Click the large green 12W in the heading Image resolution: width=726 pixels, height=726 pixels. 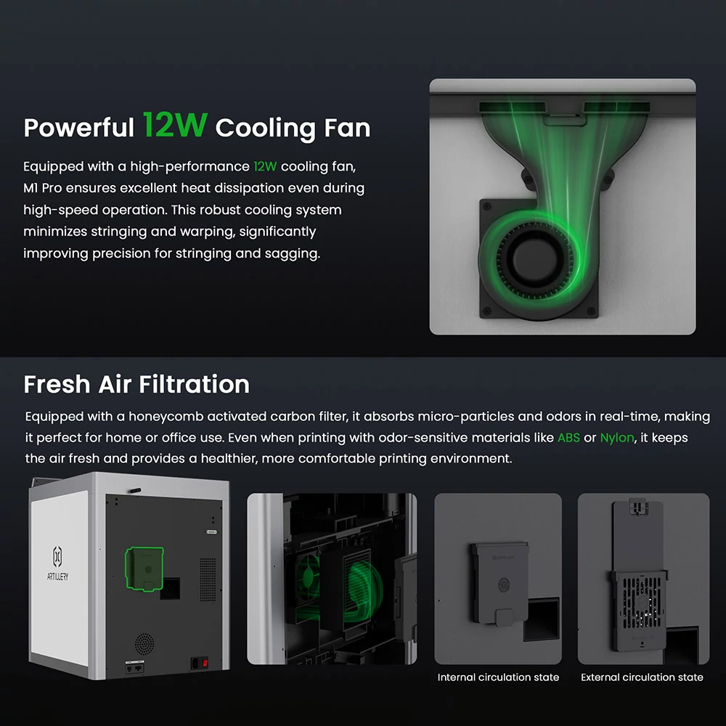175,125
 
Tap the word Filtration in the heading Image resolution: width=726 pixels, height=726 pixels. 195,384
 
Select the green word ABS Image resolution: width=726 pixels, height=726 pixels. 568,438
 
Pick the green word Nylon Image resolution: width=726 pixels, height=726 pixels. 617,438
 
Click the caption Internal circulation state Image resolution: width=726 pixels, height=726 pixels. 498,677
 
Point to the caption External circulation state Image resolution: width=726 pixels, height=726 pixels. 643,677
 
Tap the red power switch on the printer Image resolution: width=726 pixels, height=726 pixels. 205,664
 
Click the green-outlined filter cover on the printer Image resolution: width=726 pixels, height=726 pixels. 144,569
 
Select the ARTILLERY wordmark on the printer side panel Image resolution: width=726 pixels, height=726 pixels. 57,576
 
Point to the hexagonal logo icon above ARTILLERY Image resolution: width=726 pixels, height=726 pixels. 57,556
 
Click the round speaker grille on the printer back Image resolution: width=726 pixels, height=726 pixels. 144,643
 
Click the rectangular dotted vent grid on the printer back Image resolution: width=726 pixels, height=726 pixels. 208,580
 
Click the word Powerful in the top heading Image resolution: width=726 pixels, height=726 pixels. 78,128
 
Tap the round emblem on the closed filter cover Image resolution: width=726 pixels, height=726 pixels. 504,584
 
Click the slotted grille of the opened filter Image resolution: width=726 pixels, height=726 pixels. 642,602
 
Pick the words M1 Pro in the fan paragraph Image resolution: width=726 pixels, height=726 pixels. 43,188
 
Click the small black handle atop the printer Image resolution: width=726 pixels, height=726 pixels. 134,490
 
